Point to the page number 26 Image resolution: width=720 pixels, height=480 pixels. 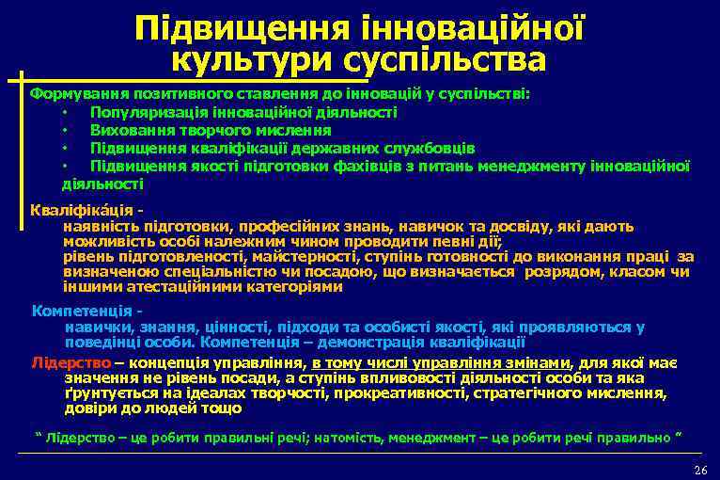(698, 469)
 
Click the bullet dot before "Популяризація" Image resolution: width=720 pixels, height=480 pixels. (65, 112)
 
